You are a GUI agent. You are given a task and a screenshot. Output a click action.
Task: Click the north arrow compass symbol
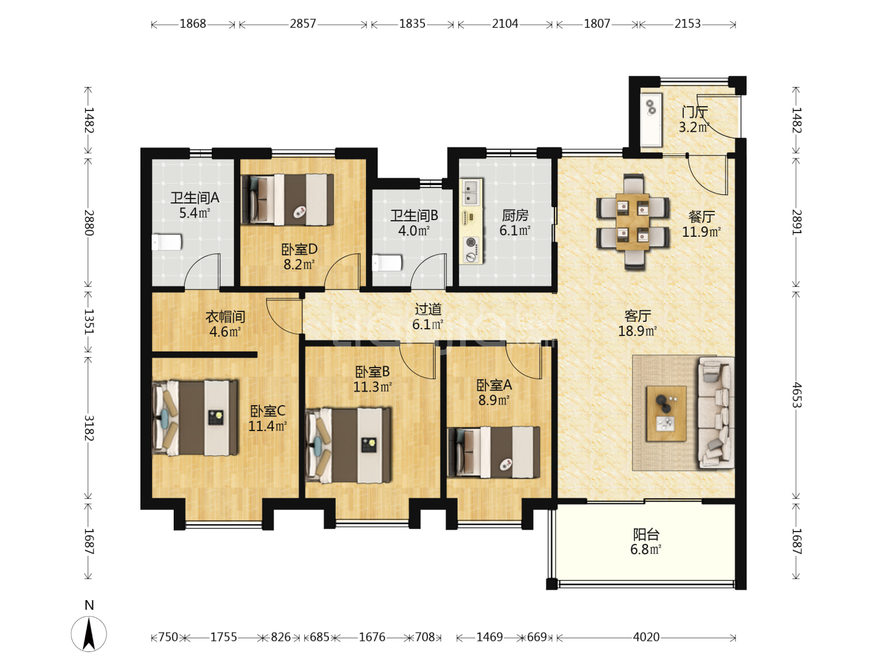point(89,634)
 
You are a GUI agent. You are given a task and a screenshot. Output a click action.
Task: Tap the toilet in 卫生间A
point(166,242)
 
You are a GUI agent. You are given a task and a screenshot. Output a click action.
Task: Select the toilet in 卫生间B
point(387,263)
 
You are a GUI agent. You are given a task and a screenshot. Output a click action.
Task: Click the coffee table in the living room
point(666,413)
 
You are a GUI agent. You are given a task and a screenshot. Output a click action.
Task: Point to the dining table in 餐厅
point(633,222)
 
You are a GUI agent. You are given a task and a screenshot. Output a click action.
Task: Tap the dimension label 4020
point(646,637)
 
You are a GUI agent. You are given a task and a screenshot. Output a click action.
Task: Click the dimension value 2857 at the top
point(302,24)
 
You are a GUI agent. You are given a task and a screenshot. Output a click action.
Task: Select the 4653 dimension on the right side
point(796,395)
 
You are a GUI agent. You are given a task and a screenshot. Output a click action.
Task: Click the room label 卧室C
point(267,411)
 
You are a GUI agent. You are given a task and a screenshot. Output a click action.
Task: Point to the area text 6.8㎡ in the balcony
point(646,549)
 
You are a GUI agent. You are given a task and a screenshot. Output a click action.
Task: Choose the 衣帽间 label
point(225,316)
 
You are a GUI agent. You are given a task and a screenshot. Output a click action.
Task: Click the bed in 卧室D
point(287,199)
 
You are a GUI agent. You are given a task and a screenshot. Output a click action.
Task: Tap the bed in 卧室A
point(494,452)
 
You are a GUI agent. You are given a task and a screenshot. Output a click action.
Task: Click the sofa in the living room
point(716,413)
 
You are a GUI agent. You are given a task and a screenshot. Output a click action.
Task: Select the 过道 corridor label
point(428,310)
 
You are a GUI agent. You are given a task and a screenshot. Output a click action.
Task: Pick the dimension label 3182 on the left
point(89,428)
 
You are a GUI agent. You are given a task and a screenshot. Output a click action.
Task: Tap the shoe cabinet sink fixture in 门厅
point(651,120)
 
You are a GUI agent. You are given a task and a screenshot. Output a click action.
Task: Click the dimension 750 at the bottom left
point(168,637)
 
